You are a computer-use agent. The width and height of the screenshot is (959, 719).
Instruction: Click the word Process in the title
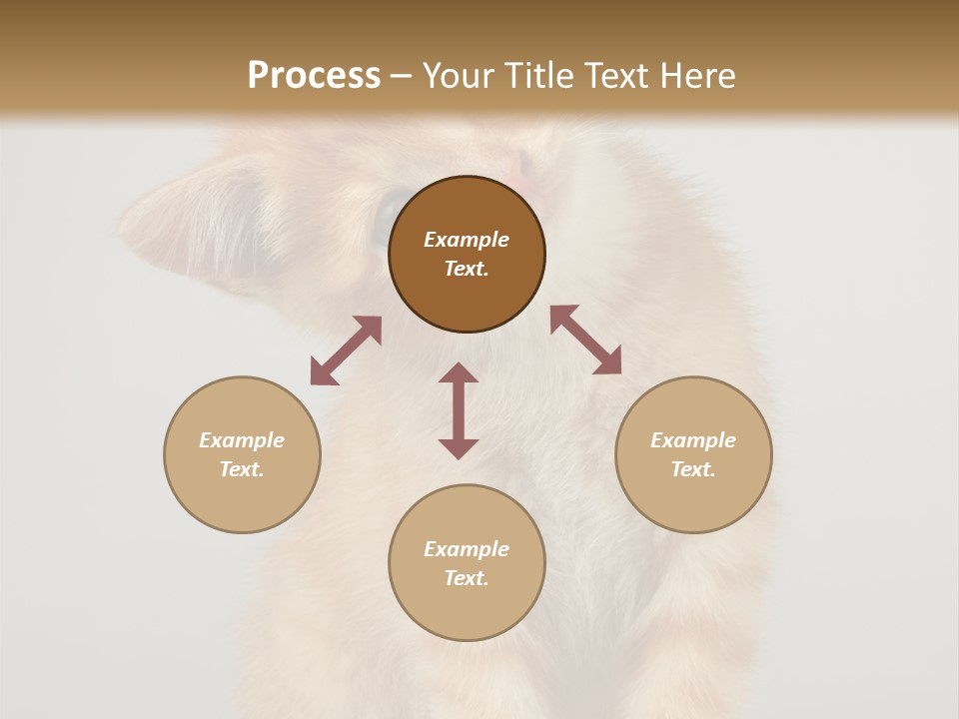[314, 75]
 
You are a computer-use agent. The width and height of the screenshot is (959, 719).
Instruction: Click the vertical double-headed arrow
[459, 410]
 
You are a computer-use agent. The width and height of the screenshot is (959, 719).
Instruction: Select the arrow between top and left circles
[346, 351]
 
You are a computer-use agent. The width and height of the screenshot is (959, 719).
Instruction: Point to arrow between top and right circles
[585, 340]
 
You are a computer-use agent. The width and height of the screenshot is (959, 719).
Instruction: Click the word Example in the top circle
[467, 240]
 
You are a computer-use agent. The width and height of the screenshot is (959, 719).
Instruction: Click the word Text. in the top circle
[467, 269]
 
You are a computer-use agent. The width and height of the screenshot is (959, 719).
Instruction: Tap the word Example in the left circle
[242, 440]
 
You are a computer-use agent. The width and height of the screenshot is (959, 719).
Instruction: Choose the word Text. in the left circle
[242, 469]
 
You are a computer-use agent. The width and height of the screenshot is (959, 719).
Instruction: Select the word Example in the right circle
[693, 440]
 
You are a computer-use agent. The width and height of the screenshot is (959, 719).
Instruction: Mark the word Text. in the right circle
[693, 469]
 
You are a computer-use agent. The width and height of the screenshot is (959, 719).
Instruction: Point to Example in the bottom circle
[467, 549]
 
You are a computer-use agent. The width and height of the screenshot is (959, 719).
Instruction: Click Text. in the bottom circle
[467, 578]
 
